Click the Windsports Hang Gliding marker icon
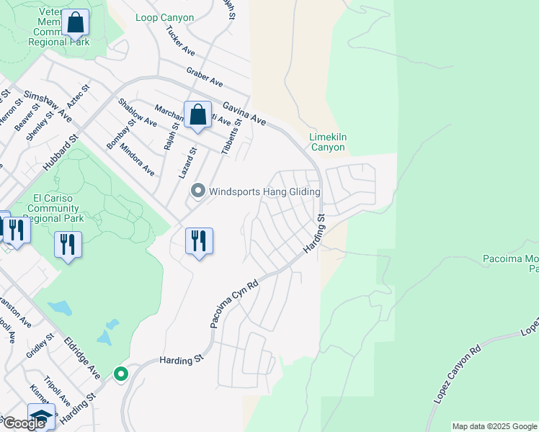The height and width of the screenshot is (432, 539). click(198, 191)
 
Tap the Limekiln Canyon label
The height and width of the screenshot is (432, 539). click(327, 142)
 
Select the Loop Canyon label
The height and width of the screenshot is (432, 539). click(164, 17)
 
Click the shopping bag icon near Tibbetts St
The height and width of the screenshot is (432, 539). click(197, 116)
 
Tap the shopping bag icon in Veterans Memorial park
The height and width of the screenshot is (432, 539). click(75, 23)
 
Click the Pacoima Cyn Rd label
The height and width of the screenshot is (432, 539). click(235, 305)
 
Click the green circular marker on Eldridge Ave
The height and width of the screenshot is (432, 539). click(120, 374)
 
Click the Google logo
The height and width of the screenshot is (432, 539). click(24, 423)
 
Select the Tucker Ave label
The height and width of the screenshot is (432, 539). click(180, 42)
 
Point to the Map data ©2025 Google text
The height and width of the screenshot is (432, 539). click(494, 426)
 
